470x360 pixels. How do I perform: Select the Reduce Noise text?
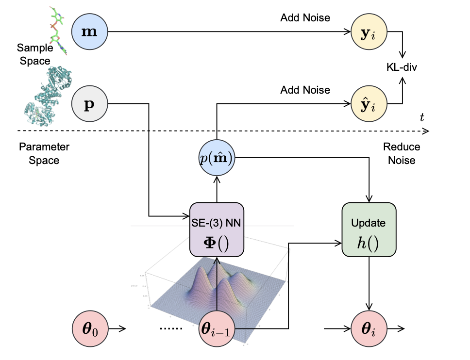point(402,153)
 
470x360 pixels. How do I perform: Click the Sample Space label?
point(34,54)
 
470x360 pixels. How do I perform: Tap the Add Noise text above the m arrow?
point(305,18)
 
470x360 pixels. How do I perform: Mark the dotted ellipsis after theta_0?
point(171,329)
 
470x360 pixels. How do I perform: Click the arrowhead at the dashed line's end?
point(426,131)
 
